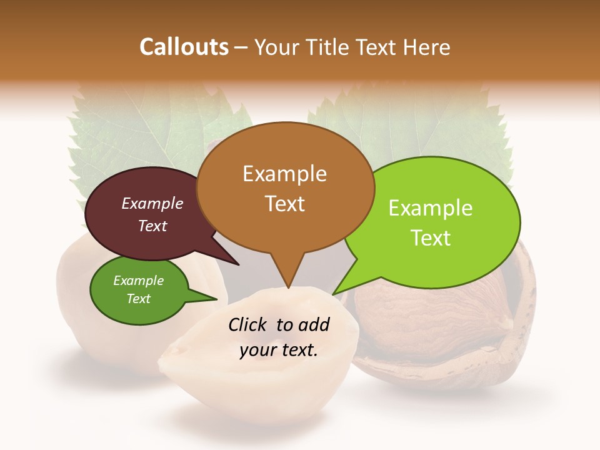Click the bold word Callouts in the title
pos(184,47)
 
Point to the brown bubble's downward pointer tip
pos(288,287)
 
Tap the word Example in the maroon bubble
pos(152,203)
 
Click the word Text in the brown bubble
pos(285,204)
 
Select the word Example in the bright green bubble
pos(431,208)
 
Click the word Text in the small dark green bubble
pos(139,299)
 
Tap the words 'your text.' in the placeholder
pos(279,351)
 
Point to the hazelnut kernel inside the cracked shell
pos(406,312)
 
